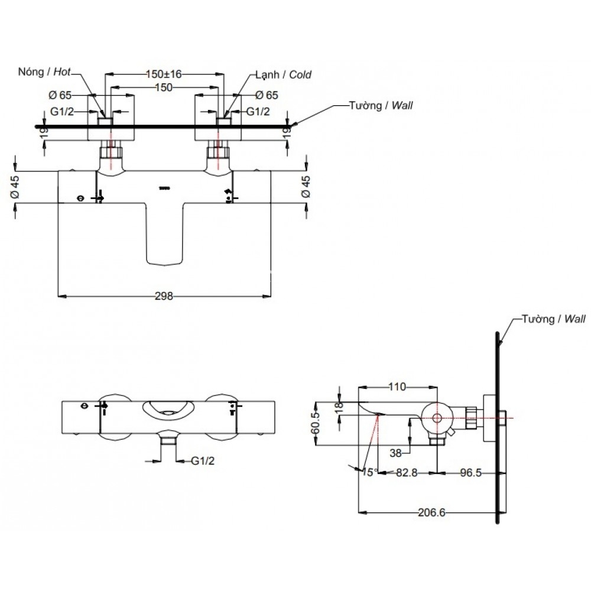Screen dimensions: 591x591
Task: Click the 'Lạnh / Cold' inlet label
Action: pos(283,74)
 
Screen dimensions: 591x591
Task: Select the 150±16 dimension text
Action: pos(164,74)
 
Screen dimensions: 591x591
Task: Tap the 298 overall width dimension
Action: pos(164,297)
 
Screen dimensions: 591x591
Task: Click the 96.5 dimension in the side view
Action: pos(470,473)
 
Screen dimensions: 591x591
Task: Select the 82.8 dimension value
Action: pos(407,473)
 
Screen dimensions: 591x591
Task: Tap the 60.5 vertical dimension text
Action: pos(317,424)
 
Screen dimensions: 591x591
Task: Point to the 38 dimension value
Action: pos(398,453)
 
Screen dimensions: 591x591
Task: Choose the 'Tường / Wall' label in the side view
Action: pos(553,319)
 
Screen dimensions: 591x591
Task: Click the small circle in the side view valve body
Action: pos(437,418)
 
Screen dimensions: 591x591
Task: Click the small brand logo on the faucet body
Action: pos(165,189)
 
